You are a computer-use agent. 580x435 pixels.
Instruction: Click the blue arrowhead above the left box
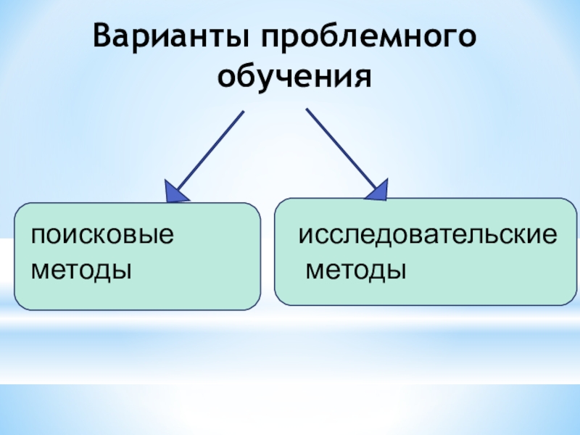tap(177, 191)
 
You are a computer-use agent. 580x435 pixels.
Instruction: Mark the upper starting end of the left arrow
tap(243, 112)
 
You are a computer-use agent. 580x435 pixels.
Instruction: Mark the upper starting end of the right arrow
tap(307, 110)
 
